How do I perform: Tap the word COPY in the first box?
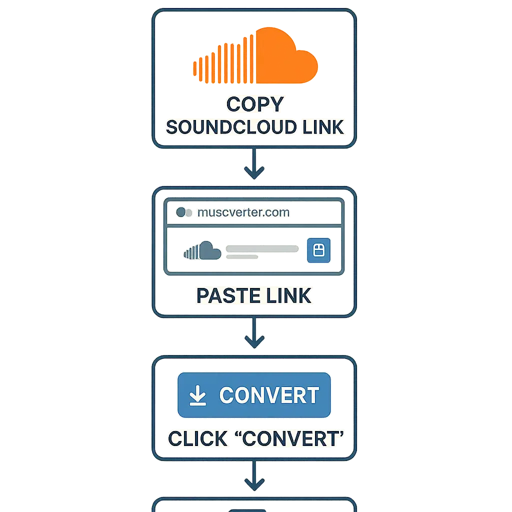click(254, 104)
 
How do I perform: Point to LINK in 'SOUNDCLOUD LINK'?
click(321, 127)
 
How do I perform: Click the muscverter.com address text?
click(243, 212)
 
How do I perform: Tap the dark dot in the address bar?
click(180, 212)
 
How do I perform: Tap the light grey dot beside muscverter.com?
click(189, 212)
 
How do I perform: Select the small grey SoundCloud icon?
click(202, 250)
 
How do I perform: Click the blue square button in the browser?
click(318, 249)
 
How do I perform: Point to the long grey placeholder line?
click(261, 248)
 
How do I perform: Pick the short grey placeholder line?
click(242, 257)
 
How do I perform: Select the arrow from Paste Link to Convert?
click(254, 333)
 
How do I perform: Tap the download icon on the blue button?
click(198, 395)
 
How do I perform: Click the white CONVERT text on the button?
click(269, 395)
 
